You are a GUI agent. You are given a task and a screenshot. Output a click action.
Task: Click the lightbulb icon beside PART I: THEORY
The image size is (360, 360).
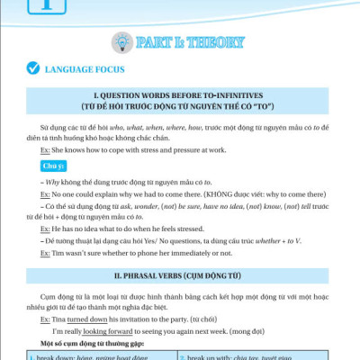(120, 40)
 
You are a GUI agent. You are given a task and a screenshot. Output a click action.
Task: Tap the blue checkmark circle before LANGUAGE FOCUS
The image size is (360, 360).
(32, 67)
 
